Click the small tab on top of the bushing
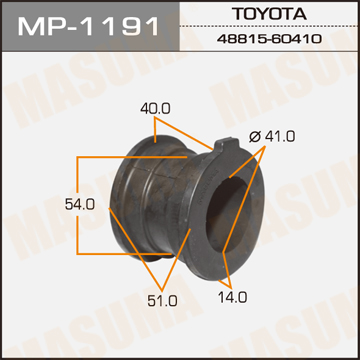tap(225, 150)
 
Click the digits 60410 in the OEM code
tap(296, 38)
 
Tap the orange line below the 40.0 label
tap(165, 124)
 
